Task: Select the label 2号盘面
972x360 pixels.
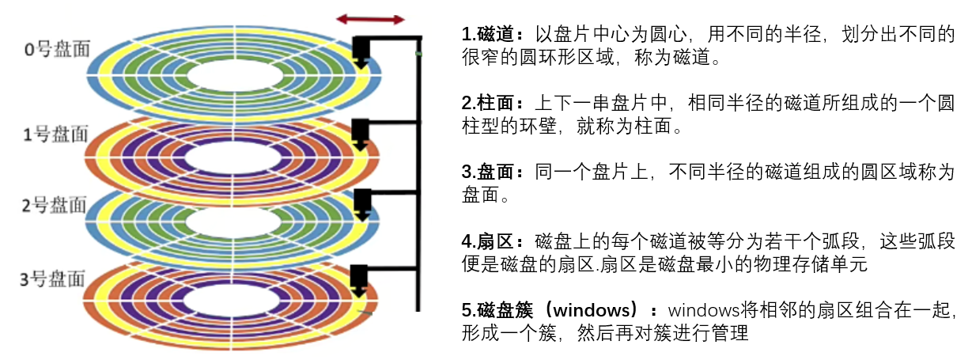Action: coord(54,205)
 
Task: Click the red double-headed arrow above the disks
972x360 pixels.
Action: coord(370,18)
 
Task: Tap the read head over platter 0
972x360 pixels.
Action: coord(362,52)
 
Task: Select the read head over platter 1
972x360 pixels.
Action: coord(362,133)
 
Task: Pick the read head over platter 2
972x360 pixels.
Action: coord(362,203)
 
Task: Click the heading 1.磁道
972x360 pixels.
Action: coord(492,35)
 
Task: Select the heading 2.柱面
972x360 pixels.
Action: coord(492,104)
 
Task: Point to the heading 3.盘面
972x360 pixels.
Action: coord(492,172)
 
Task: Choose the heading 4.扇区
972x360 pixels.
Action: coord(492,241)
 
